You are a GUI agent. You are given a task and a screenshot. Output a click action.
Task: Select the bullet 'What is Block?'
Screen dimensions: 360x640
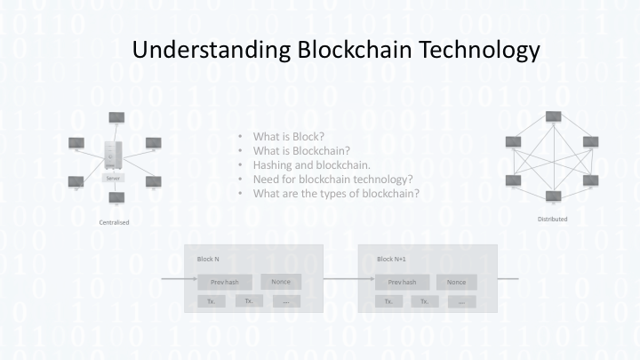[289, 137]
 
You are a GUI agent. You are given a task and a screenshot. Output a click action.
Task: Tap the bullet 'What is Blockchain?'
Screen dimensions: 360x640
[301, 151]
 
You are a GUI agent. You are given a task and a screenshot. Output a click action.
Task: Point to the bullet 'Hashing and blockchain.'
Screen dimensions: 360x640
[311, 164]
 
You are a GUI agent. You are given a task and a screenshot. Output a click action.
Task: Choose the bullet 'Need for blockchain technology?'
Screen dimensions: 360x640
[333, 179]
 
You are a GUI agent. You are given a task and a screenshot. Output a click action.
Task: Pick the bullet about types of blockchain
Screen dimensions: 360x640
[336, 193]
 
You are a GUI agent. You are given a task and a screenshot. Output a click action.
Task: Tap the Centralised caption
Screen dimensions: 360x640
[114, 222]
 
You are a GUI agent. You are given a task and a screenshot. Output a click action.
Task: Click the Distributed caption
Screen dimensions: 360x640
[552, 219]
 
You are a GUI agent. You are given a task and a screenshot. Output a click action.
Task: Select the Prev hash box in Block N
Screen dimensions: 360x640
[225, 282]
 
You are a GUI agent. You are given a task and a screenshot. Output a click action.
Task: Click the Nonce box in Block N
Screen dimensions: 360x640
[281, 282]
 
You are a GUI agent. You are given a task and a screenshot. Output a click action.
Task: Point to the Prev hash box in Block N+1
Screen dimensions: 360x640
[402, 282]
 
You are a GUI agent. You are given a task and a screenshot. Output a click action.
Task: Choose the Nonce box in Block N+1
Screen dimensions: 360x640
[457, 282]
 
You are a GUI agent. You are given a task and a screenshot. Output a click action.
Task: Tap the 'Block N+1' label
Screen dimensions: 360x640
[392, 259]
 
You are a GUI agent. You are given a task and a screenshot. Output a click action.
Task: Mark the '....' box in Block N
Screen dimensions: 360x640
[285, 301]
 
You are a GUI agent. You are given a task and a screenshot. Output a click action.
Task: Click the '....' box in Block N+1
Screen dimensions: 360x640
[461, 301]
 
